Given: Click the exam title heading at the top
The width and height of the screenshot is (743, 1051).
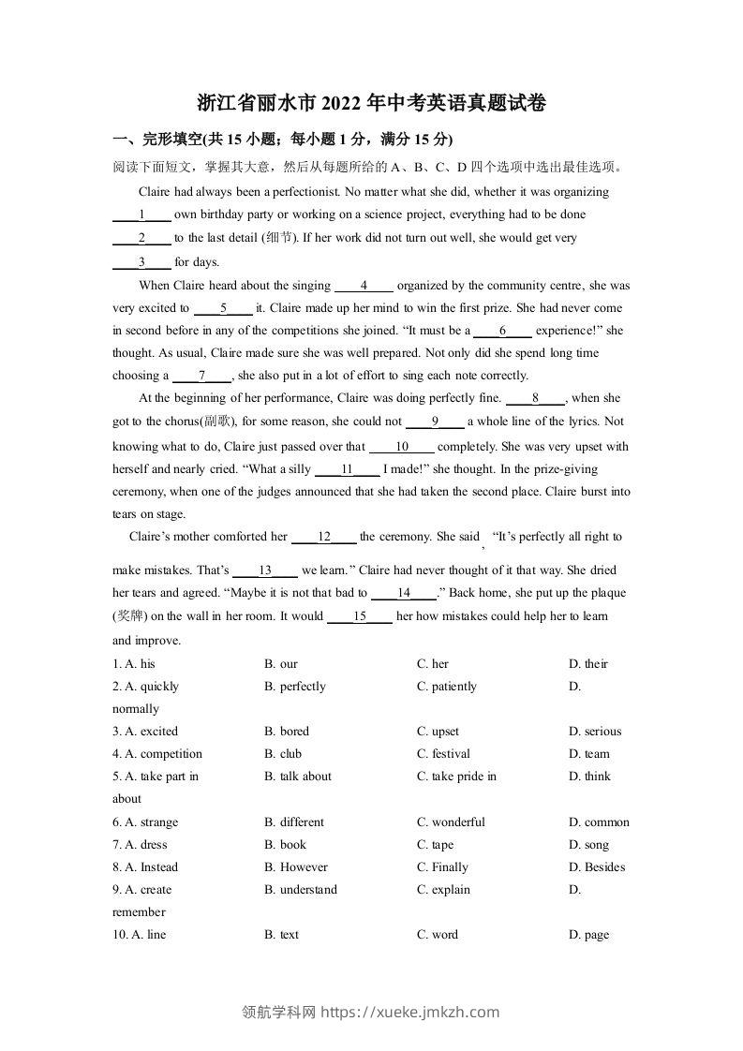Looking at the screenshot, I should coord(372,103).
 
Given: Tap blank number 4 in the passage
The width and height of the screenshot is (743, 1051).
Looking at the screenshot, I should coord(364,286).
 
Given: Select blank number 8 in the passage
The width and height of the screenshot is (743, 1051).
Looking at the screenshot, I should coord(535,398).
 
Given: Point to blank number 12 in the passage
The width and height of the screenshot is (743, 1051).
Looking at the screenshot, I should coord(324,537).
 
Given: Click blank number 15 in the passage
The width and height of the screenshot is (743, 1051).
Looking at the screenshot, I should coord(359,616).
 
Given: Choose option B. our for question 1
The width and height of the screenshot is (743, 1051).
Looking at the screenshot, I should coord(281,664).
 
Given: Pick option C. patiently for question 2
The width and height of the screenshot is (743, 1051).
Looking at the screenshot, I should coord(447,687).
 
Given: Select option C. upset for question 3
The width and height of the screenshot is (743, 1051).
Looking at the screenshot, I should coord(438,732).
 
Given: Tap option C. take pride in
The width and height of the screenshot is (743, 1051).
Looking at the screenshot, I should coord(456,777).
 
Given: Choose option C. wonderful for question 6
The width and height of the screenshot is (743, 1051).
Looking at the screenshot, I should coord(451,822).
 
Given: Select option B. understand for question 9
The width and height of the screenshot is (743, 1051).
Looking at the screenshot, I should coord(301,890).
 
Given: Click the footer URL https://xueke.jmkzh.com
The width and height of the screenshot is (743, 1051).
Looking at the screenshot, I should coord(410,1012).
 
